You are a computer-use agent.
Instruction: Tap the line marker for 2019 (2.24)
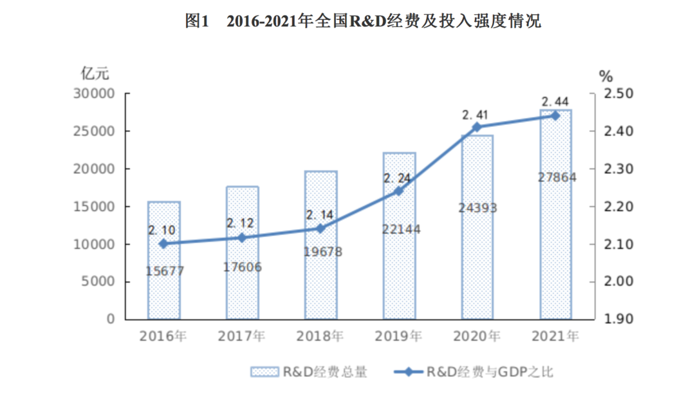coord(398,191)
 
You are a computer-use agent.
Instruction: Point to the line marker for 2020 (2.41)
coord(477,127)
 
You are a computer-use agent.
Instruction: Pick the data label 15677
coord(165,271)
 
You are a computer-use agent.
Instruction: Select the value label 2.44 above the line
coord(555,102)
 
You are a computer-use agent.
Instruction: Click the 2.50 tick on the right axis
coord(618,94)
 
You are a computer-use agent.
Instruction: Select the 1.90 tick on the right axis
coord(618,319)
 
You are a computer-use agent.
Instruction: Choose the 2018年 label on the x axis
coord(320,336)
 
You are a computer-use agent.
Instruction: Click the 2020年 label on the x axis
coord(477,336)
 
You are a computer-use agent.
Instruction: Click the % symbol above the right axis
coord(606,76)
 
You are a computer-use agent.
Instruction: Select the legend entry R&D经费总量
coord(309,372)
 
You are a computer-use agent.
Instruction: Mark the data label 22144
coord(399,229)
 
